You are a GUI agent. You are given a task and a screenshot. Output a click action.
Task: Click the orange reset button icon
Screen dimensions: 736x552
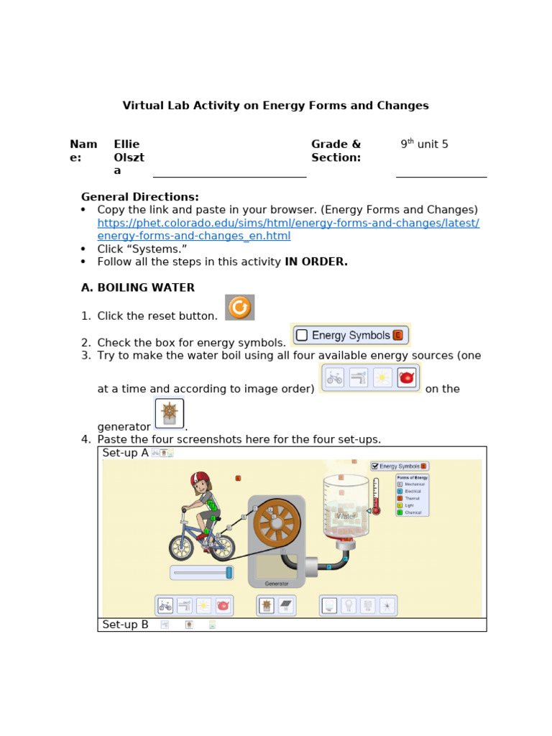pyautogui.click(x=239, y=308)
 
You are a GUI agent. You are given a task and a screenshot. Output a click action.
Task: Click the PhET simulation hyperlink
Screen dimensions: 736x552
pyautogui.click(x=288, y=223)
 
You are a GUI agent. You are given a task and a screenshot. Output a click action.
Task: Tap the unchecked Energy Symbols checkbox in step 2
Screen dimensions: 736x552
pyautogui.click(x=302, y=335)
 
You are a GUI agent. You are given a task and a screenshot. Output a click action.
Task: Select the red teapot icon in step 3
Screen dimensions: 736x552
pyautogui.click(x=407, y=377)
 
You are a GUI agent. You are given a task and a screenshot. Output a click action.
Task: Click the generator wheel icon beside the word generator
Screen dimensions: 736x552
pyautogui.click(x=170, y=413)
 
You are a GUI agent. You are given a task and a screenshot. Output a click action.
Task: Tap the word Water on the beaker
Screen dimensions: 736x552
pyautogui.click(x=346, y=516)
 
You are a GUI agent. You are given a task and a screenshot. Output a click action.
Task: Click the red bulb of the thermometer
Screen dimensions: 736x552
pyautogui.click(x=375, y=510)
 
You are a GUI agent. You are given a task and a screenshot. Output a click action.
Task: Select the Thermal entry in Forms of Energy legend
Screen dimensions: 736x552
pyautogui.click(x=413, y=497)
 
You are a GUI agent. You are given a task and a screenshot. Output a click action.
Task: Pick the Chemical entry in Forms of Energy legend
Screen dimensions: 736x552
pyautogui.click(x=413, y=512)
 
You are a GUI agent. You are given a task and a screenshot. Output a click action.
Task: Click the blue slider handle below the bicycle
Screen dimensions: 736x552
pyautogui.click(x=229, y=572)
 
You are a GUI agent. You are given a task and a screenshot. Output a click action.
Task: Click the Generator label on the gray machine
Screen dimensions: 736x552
pyautogui.click(x=277, y=584)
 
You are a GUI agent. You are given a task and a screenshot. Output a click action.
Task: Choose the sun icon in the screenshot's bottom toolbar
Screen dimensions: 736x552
pyautogui.click(x=203, y=606)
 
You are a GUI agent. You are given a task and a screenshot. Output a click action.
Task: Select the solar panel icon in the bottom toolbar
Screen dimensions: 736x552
pyautogui.click(x=285, y=606)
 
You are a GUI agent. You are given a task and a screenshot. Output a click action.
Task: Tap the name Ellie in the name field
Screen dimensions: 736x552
pyautogui.click(x=126, y=144)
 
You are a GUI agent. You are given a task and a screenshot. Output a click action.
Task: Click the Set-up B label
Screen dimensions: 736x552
pyautogui.click(x=125, y=625)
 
